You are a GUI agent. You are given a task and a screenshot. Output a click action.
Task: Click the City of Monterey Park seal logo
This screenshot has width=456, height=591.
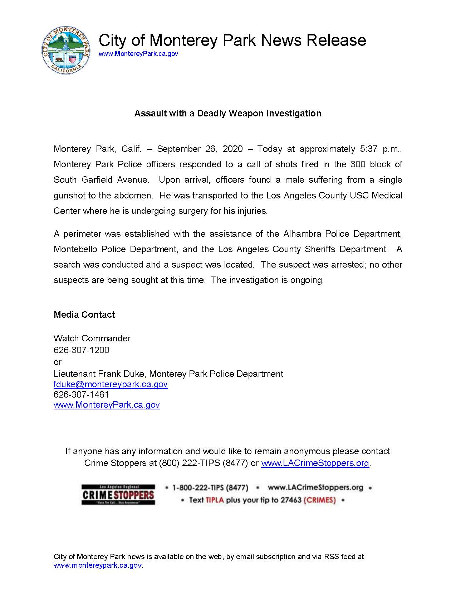click(65, 50)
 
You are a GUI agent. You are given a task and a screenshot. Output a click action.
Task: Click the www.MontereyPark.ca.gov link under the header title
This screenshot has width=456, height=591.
click(138, 54)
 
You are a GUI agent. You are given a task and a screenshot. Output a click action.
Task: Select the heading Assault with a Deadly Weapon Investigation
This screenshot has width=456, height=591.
click(227, 114)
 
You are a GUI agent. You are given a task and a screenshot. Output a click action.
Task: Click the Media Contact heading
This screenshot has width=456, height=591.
click(84, 315)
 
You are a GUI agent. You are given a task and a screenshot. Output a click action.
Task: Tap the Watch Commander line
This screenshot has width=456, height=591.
click(92, 338)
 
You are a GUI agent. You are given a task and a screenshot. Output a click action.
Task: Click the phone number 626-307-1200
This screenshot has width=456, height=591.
click(81, 350)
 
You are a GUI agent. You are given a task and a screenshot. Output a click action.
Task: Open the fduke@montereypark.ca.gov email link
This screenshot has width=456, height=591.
click(111, 385)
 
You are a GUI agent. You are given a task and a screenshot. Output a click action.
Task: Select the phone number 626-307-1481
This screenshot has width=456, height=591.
click(81, 395)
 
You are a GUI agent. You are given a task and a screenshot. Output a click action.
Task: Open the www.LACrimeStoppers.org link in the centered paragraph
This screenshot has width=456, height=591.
click(315, 463)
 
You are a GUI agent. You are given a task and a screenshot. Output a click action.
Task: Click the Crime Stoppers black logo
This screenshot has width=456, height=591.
click(118, 495)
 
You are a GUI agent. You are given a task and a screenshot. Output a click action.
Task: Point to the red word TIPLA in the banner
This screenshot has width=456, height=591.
click(215, 500)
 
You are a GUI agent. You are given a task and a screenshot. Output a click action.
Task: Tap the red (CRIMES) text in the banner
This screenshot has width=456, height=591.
click(319, 500)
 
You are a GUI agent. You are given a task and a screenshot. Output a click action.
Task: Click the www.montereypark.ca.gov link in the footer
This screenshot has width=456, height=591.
click(98, 566)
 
